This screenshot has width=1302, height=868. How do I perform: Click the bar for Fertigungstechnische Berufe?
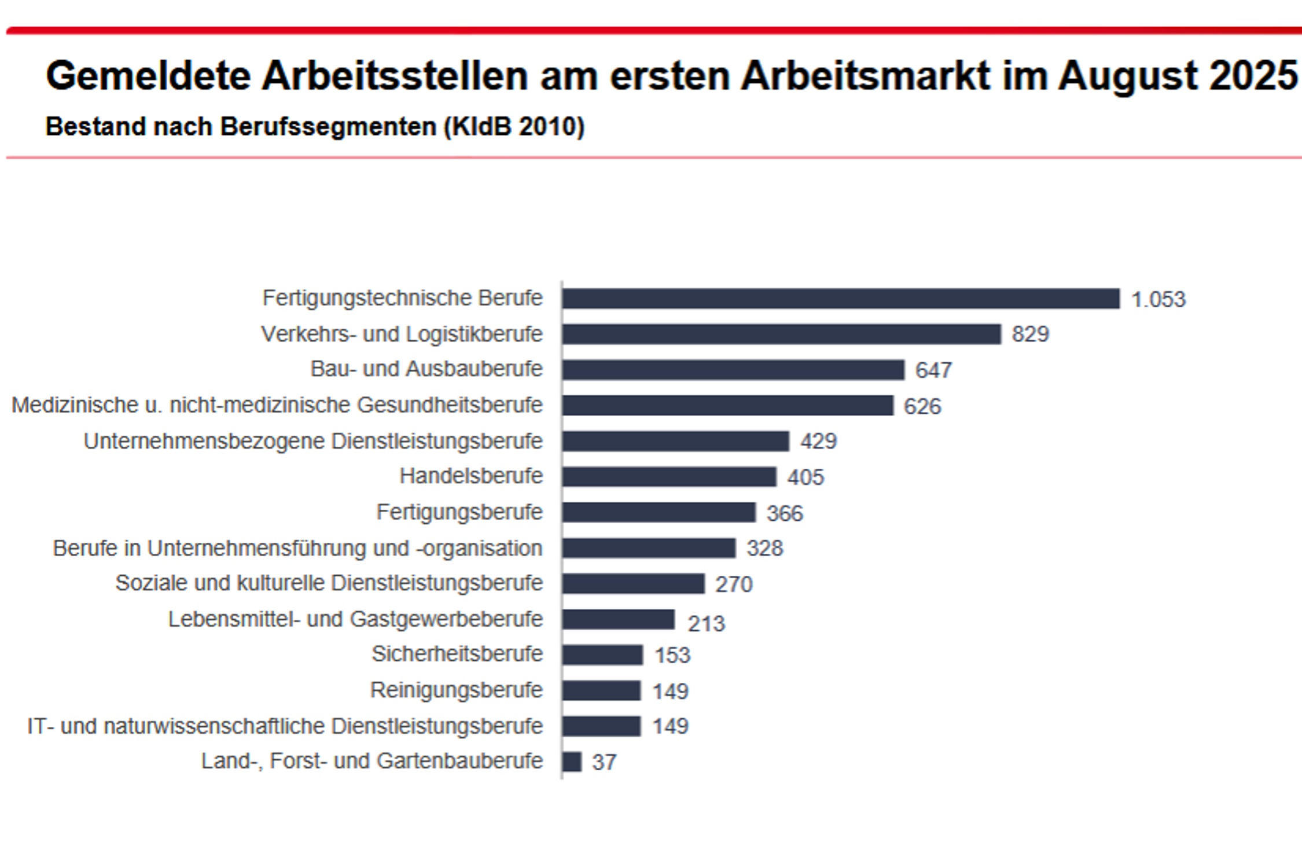[840, 299]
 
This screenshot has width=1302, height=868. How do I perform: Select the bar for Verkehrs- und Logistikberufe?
[781, 334]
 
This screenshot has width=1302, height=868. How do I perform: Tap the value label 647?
[933, 370]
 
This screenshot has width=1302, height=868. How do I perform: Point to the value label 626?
[922, 406]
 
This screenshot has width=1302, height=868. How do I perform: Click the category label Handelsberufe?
[470, 476]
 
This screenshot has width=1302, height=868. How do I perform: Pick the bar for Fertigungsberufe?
[659, 512]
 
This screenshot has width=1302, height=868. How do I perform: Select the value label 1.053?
[1158, 299]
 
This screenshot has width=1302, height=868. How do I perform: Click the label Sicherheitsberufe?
[457, 653]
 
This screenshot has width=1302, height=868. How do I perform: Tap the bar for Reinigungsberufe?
[601, 690]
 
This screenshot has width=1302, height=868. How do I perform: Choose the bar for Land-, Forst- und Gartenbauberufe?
[572, 762]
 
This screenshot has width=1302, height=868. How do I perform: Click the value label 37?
[604, 762]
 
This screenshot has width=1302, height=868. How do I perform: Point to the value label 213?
[705, 623]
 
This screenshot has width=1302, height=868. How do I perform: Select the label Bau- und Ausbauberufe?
[426, 369]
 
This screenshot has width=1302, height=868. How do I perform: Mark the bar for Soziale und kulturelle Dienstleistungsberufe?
[633, 583]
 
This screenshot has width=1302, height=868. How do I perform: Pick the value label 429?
[818, 441]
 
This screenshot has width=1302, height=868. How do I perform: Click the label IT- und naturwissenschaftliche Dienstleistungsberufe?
[285, 726]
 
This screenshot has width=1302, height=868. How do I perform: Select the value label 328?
[764, 548]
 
